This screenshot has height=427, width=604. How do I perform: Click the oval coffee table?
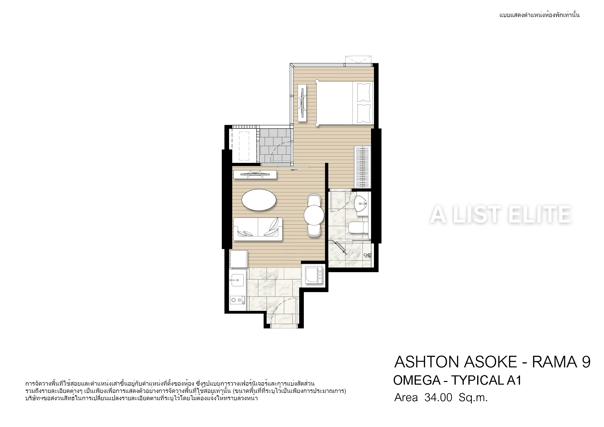(259, 200)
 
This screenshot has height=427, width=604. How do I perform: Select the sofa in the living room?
(258, 229)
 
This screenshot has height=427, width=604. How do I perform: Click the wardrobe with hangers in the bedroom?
(362, 167)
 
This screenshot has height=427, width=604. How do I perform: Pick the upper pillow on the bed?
(364, 92)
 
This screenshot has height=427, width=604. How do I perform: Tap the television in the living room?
(255, 175)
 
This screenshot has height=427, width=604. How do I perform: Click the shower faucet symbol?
(368, 255)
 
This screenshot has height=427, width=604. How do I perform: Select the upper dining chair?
(314, 200)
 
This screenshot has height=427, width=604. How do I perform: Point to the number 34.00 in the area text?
(438, 398)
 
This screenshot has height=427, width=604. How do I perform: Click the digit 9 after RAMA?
(586, 362)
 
